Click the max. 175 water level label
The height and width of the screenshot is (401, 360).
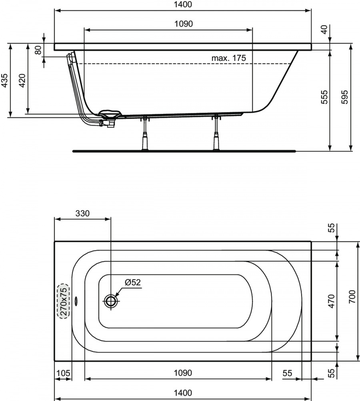pos(228,58)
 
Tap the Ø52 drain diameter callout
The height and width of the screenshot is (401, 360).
pos(133,282)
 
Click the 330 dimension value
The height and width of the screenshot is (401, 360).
pos(82,213)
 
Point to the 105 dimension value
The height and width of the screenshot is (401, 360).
pos(63,373)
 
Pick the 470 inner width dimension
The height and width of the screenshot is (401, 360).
pos(331,301)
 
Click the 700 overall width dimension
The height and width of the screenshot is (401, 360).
pos(352,297)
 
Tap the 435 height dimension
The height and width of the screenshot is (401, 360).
pos(5,80)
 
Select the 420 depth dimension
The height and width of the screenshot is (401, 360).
pos(23,80)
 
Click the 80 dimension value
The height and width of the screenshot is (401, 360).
pos(38,50)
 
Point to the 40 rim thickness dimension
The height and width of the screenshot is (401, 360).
pos(324,29)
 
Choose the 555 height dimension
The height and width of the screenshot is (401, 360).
pos(324,97)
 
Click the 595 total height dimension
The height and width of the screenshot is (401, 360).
pos(345,97)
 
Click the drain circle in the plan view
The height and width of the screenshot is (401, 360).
pos(111,301)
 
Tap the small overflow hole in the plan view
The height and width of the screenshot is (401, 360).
pos(76,301)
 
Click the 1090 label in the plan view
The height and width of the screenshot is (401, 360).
pos(183,373)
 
